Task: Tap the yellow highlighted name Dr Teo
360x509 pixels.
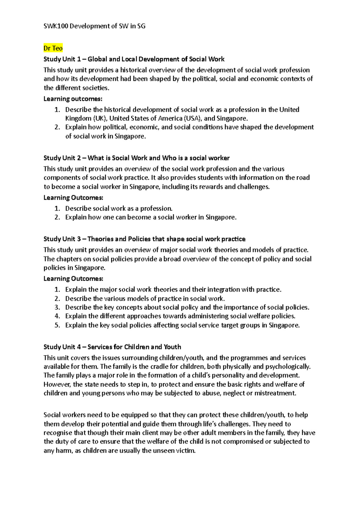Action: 53,48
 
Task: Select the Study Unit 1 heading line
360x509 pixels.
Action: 134,59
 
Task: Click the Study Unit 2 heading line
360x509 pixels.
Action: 136,158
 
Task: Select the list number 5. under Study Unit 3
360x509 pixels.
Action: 57,325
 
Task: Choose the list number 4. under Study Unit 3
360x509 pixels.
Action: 57,316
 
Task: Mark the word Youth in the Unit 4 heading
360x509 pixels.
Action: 172,347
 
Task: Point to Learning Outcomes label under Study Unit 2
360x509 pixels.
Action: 73,198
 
